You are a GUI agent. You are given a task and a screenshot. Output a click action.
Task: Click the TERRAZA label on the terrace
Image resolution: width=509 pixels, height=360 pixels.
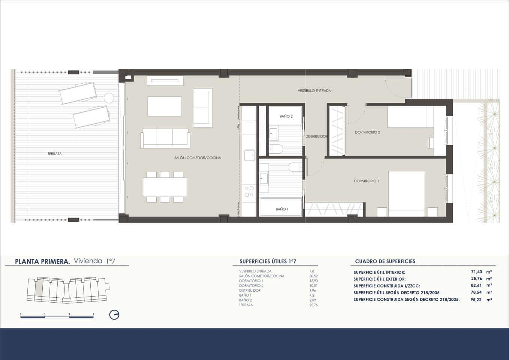[54, 154]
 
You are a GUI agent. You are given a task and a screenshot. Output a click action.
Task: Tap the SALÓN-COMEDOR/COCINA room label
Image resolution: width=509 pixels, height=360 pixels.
[198, 158]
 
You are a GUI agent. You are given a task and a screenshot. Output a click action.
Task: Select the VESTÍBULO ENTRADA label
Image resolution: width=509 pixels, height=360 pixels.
[314, 91]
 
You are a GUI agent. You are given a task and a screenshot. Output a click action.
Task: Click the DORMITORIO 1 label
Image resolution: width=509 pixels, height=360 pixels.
[366, 181]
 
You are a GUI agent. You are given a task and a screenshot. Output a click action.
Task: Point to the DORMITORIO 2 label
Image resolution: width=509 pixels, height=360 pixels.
[367, 132]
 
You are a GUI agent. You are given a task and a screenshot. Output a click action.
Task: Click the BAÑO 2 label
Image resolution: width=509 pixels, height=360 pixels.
[286, 117]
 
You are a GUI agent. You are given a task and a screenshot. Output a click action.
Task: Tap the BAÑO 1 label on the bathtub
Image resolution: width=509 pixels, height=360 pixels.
[282, 209]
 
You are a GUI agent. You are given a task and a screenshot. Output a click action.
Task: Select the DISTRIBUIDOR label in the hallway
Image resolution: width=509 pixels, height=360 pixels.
[316, 136]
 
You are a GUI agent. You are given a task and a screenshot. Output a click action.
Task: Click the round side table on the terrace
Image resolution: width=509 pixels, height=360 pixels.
[109, 98]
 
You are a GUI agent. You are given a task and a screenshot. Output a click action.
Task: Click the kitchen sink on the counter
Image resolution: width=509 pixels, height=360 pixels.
[249, 155]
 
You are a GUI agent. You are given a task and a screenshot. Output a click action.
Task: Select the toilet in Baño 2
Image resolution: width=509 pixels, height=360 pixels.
[277, 149]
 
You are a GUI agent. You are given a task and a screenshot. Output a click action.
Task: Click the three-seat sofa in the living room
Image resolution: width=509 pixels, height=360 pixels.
[165, 138]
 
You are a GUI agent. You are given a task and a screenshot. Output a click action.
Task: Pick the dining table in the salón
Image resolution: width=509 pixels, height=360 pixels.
[165, 187]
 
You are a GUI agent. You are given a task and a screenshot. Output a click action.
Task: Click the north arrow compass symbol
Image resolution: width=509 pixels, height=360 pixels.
[114, 315]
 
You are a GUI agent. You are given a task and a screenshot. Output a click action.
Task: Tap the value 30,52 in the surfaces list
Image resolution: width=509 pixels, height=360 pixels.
[313, 276]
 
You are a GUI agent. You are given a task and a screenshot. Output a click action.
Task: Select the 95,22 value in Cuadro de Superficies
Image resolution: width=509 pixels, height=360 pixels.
[476, 300]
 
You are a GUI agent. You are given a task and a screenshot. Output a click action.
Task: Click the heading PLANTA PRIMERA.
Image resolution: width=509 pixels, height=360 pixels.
[42, 261]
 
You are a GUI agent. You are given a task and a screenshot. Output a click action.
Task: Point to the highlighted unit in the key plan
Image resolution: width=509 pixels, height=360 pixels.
[39, 288]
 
